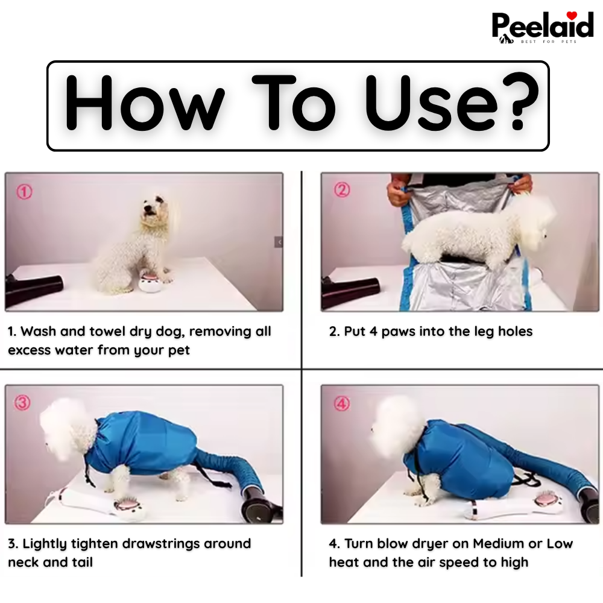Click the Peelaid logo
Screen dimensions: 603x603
point(543,27)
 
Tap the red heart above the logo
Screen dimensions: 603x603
point(572,15)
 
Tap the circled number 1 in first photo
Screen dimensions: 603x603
point(24,192)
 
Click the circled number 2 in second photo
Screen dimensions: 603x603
point(342,191)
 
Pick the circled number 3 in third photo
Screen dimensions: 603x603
point(23,403)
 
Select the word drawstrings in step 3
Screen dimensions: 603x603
point(160,544)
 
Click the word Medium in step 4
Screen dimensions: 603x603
point(498,544)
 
